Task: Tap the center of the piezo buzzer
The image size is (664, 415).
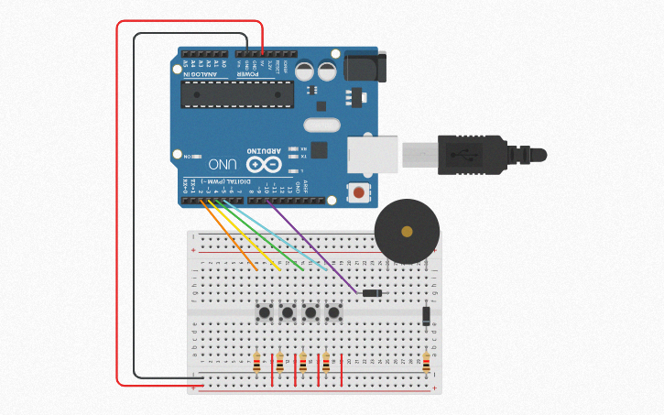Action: point(407,231)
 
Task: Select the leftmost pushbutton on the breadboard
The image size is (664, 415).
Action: point(265,312)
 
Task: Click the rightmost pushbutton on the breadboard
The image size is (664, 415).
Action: point(333,312)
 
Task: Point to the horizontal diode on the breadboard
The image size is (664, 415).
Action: point(372,293)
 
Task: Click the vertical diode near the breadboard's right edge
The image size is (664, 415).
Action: point(426,316)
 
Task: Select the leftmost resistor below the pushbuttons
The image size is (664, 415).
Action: point(257,362)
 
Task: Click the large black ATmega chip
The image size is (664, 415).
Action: point(237,93)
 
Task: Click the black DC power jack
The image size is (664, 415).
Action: point(364,69)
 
